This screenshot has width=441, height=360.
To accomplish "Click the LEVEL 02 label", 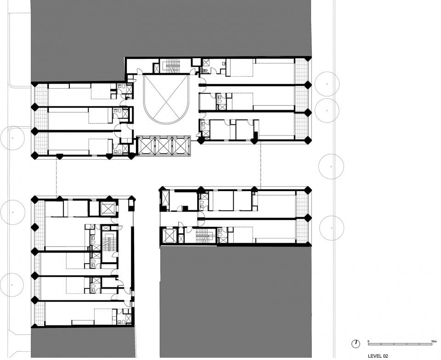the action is pyautogui.click(x=378, y=356).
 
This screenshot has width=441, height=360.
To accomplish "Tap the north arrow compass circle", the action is pyautogui.click(x=356, y=343).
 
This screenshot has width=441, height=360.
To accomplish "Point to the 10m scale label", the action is pyautogui.click(x=433, y=341).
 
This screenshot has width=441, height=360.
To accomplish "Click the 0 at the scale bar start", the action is pyautogui.click(x=368, y=341).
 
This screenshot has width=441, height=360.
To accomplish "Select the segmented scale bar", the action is pyautogui.click(x=401, y=344).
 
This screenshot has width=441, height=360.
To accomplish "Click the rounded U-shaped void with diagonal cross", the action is pyautogui.click(x=166, y=98).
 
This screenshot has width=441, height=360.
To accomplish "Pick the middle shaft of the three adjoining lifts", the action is pyautogui.click(x=163, y=146).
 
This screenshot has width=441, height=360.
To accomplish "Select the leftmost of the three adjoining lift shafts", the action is pyautogui.click(x=146, y=146).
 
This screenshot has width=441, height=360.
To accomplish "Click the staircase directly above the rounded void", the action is pyautogui.click(x=171, y=66).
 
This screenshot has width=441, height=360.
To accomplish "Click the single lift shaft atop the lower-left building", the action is pyautogui.click(x=107, y=208).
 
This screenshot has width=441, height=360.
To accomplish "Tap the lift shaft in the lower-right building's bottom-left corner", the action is pyautogui.click(x=168, y=236).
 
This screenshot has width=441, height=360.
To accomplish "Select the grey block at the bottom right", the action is pyautogui.click(x=236, y=302).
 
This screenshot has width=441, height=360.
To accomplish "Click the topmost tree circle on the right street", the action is pyautogui.click(x=327, y=84).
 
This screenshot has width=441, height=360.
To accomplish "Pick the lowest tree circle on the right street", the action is pyautogui.click(x=332, y=228).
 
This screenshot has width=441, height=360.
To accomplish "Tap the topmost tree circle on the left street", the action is pyautogui.click(x=12, y=138).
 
